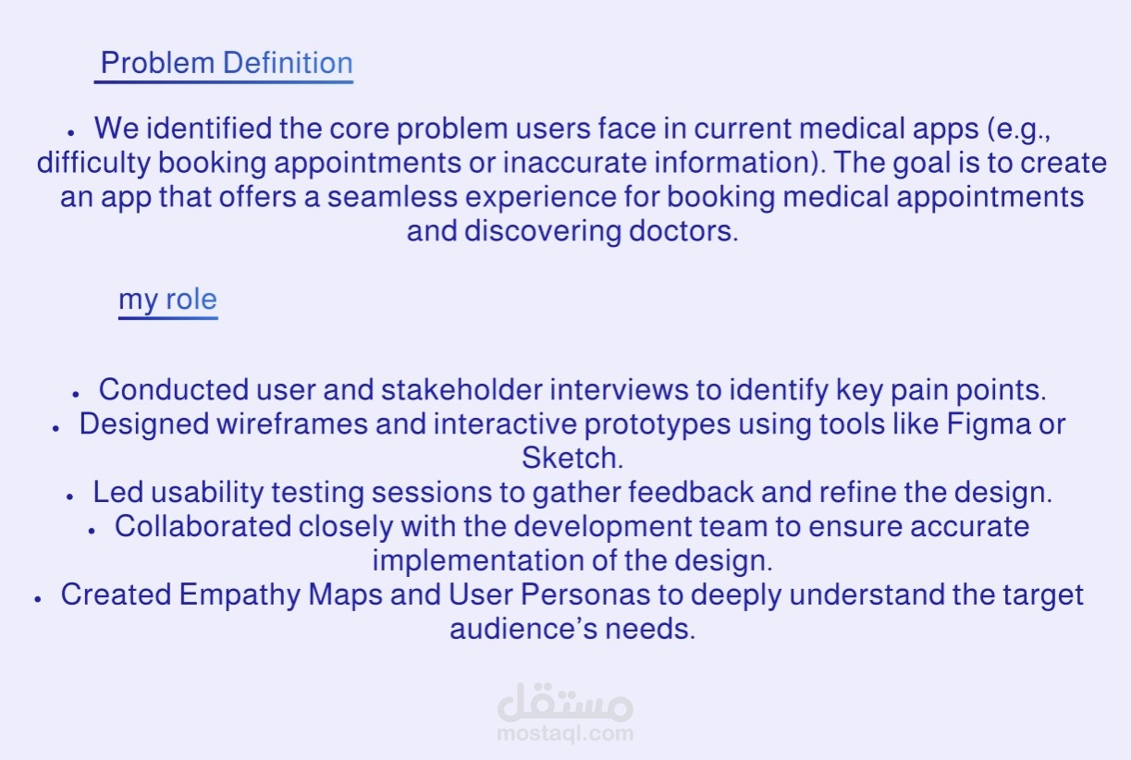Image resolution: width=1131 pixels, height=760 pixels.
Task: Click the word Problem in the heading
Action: coord(157,63)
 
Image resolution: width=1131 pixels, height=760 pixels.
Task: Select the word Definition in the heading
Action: coord(288,63)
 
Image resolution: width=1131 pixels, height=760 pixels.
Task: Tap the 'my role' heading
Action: coord(167,300)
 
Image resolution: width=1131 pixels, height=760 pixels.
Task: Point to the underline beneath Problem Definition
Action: coord(224,81)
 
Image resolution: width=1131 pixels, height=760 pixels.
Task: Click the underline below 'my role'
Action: coord(168,317)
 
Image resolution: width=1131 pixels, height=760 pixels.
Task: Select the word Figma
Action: coord(988,423)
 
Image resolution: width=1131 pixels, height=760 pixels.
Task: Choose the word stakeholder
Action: coord(461,390)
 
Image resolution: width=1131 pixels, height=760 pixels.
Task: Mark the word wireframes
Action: coord(292,423)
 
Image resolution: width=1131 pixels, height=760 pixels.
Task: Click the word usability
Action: coord(207,493)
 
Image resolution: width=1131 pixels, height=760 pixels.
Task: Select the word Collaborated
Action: coord(203,526)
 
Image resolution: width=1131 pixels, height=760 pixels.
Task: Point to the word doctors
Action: coord(683,232)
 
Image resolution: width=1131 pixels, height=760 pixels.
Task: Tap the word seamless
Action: coord(392,197)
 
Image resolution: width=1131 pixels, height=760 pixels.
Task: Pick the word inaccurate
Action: coord(575,163)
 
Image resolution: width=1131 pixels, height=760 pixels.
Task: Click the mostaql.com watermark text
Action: coord(565,734)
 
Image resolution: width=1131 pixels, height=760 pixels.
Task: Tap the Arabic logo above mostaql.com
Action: coord(565,702)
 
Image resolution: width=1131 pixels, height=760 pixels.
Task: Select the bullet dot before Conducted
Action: coord(76,394)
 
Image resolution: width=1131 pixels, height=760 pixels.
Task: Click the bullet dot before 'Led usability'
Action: coord(69,496)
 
